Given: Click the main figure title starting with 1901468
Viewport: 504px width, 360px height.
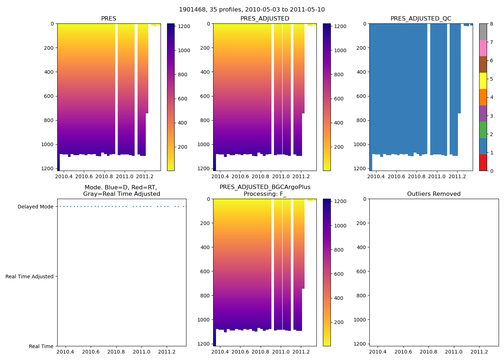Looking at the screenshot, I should click(x=252, y=10).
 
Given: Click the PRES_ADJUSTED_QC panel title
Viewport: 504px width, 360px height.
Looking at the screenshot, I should click(x=421, y=19).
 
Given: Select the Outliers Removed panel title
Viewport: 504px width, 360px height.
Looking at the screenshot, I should click(x=434, y=194).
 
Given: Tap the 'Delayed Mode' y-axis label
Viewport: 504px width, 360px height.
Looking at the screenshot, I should click(x=35, y=207).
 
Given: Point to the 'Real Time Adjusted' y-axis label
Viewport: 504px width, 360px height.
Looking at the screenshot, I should click(x=30, y=276).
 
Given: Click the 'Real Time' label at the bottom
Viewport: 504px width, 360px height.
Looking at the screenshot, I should click(x=41, y=346).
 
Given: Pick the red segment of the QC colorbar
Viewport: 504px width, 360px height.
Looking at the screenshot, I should click(x=483, y=163).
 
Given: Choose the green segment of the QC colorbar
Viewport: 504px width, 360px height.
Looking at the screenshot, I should click(x=483, y=130).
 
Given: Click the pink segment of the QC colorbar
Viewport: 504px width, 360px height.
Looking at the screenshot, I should click(x=483, y=48).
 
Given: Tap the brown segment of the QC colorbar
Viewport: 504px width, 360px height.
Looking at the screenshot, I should click(x=483, y=64).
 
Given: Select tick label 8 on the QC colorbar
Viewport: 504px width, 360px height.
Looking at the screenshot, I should click(x=491, y=24).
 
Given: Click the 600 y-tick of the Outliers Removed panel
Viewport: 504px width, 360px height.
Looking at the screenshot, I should click(x=361, y=271).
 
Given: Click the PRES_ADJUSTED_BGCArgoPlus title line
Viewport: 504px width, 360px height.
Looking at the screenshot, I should click(x=265, y=187).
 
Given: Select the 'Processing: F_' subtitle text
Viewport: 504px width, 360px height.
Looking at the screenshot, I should click(x=265, y=194).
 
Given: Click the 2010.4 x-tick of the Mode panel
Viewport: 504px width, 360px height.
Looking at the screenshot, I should click(x=66, y=352).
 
